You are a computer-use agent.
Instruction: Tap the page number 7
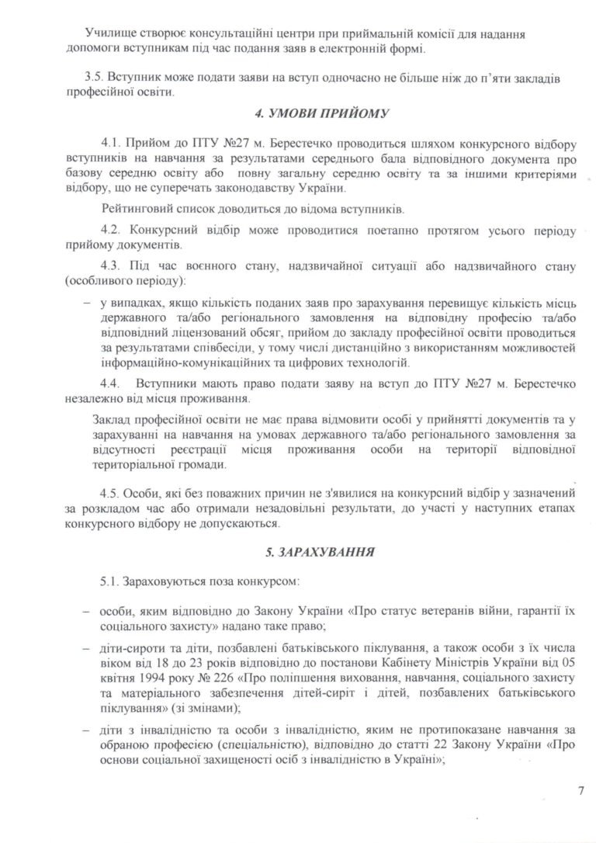point(580,791)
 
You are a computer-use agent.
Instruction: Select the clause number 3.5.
point(94,79)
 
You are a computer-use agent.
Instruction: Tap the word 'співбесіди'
point(202,349)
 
